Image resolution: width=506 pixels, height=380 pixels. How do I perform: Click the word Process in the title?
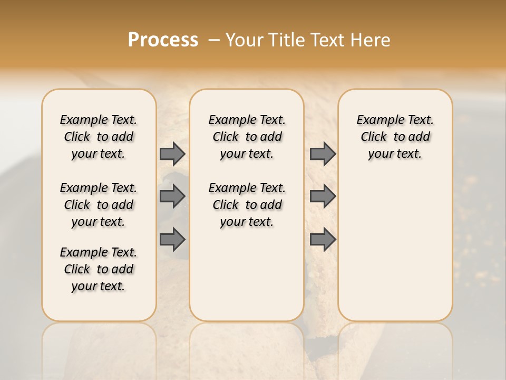coord(163,40)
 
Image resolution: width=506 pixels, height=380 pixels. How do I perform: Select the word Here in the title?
coord(372,40)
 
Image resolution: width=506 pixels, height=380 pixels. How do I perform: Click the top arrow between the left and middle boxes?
coord(172,154)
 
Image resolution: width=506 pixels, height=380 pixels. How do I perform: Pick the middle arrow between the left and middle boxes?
coord(172,196)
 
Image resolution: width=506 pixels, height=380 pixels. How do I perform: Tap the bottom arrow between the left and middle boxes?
coord(172,239)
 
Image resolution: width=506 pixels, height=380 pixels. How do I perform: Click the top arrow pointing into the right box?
coord(323,154)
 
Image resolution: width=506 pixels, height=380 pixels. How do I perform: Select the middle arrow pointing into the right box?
coord(323,196)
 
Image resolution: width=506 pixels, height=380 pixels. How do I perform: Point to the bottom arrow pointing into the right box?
coord(323,239)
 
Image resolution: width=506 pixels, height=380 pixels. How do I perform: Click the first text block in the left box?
coord(99,137)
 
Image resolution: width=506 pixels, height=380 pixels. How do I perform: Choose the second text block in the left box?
coord(99,205)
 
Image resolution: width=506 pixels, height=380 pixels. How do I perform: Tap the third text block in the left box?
coord(99,269)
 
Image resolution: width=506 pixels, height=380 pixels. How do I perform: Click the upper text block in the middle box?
coord(247,137)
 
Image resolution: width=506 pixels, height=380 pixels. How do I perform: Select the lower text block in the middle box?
coord(247,205)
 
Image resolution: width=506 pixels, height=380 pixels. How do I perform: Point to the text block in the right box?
coord(395,137)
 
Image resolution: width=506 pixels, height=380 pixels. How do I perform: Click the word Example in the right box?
coord(376,120)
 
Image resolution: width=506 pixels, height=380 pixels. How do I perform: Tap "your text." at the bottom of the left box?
coord(99,287)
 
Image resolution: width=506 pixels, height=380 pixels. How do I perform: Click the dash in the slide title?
coord(214,40)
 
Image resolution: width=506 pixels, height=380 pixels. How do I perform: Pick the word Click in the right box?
coord(374,137)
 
